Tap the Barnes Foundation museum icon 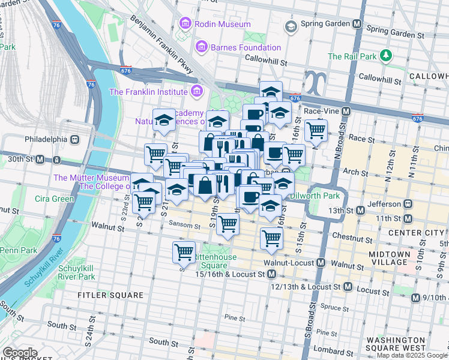201,47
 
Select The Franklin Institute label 148,92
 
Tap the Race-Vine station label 322,111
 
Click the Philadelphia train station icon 74,139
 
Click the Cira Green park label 54,199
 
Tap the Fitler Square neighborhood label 110,295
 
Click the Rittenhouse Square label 214,262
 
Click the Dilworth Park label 315,196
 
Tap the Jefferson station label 384,210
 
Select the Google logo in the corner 20,353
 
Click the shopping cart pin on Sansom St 228,225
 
